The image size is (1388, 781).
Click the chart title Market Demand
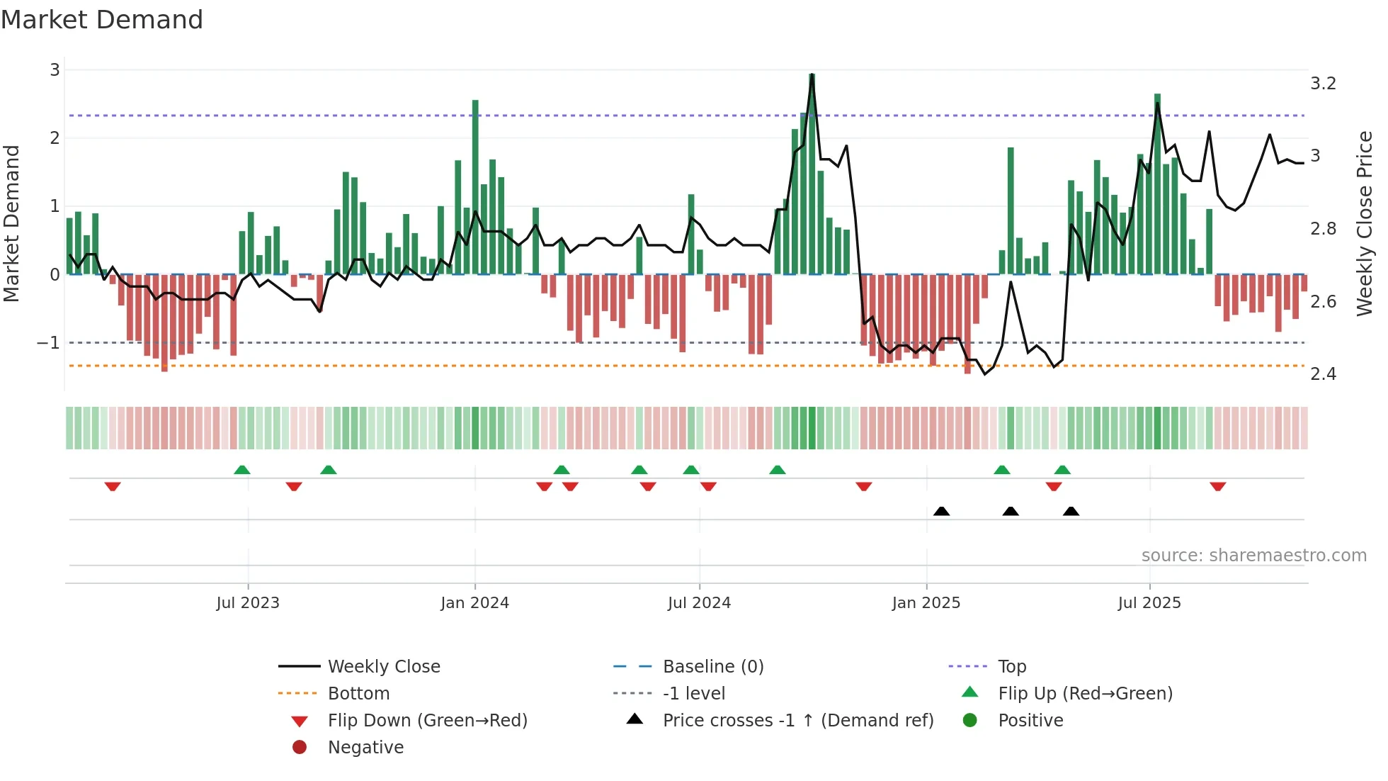point(102,20)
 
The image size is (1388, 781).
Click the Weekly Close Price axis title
point(1365,223)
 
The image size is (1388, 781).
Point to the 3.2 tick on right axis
point(1323,84)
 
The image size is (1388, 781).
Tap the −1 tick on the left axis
point(49,343)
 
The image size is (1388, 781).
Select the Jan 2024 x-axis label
point(474,603)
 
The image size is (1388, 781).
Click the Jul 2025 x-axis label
point(1149,603)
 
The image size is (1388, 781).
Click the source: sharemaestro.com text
point(1253,556)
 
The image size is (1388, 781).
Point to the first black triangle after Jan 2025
point(941,512)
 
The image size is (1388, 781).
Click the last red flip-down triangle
point(1217,487)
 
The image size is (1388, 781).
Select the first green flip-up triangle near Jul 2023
point(242,470)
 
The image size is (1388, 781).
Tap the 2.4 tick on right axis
point(1323,374)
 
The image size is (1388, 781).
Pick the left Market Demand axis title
point(12,223)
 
